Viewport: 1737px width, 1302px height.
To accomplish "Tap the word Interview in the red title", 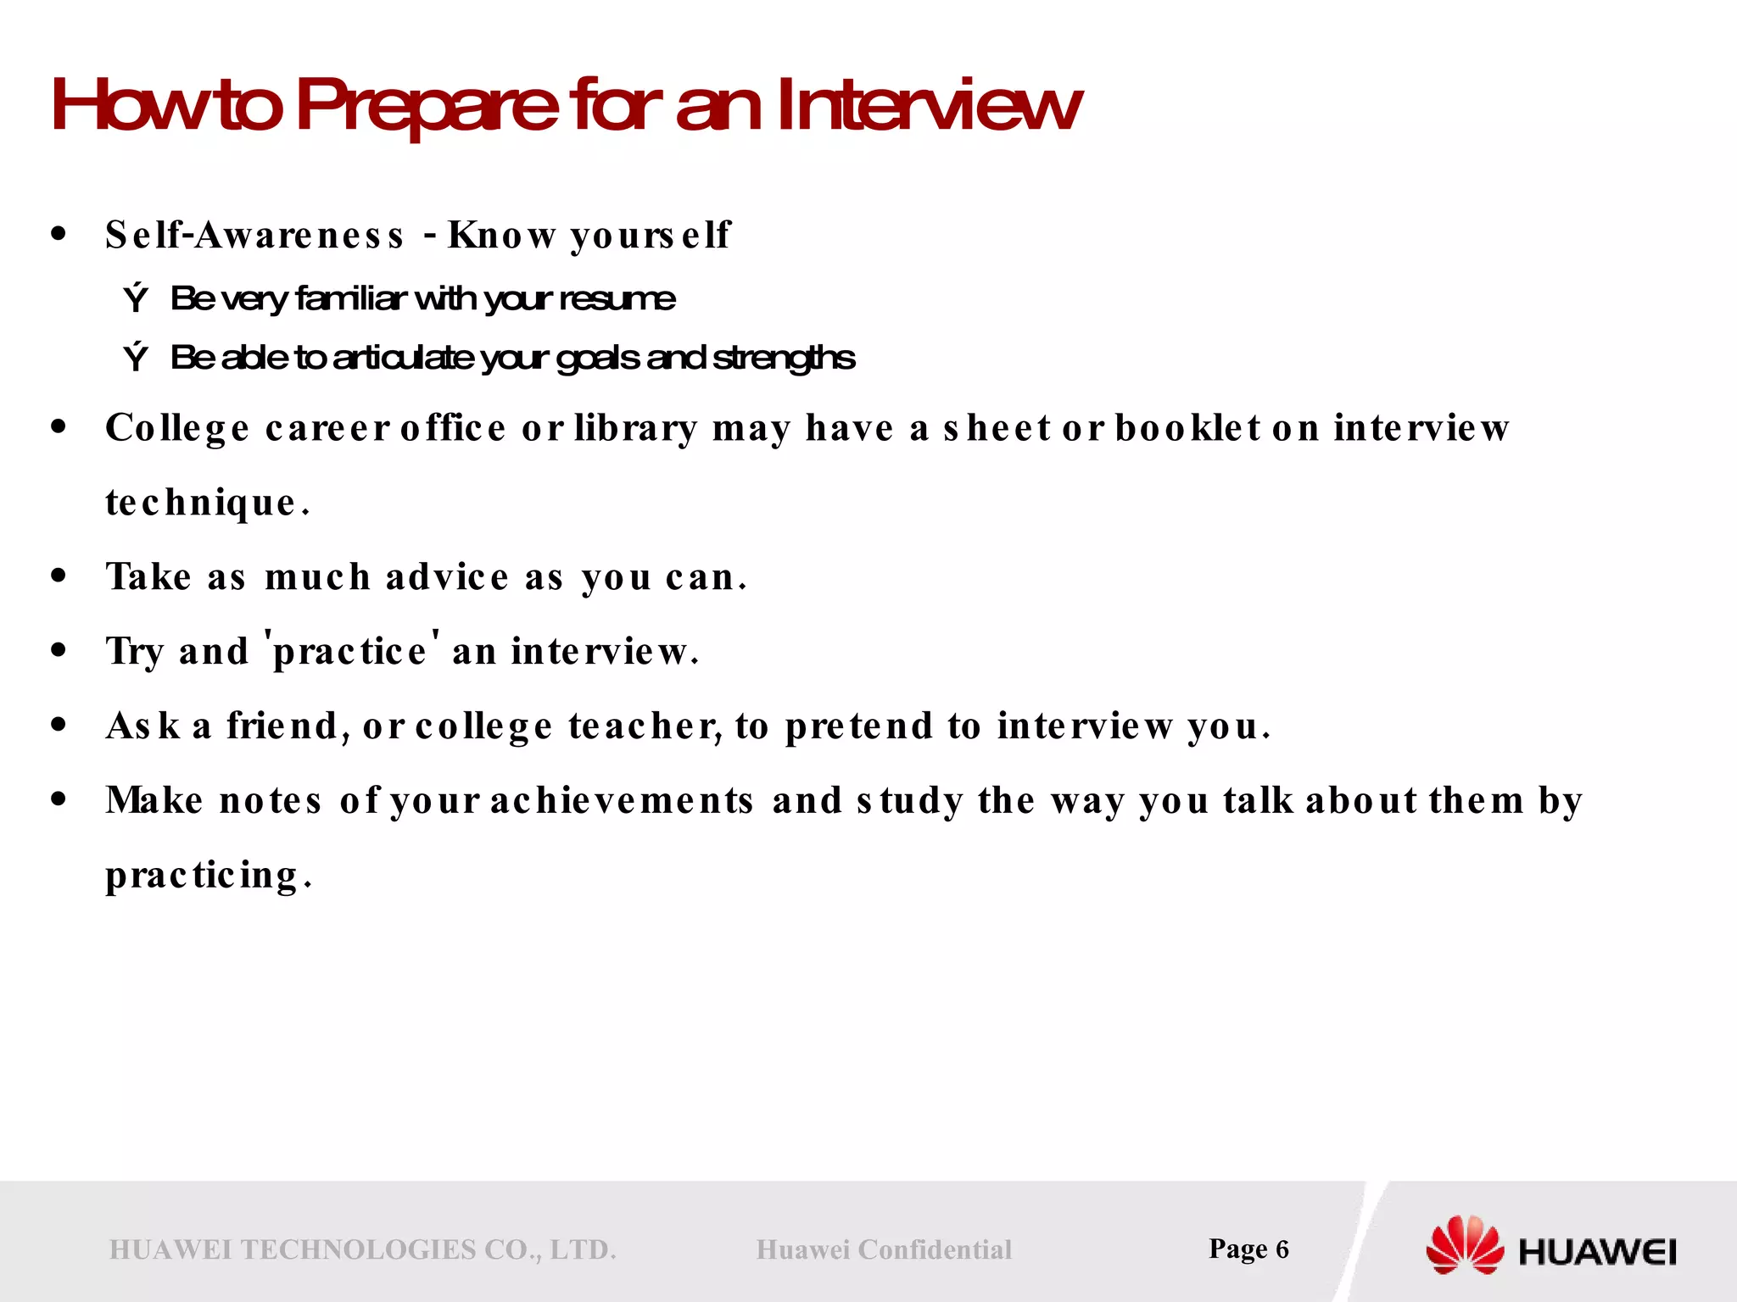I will pyautogui.click(x=928, y=106).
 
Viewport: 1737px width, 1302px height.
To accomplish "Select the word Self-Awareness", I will pyautogui.click(x=254, y=235).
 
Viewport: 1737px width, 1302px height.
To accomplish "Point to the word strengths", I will pyautogui.click(x=784, y=358).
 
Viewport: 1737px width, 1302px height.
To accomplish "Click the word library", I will pyautogui.click(x=635, y=428).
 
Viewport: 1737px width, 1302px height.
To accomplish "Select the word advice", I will pyautogui.click(x=447, y=577).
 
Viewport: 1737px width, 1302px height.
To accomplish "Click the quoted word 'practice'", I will pyautogui.click(x=352, y=650).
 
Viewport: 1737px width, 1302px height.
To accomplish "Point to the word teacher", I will pyautogui.click(x=645, y=726).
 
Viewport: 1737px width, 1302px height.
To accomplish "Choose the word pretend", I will pyautogui.click(x=858, y=726).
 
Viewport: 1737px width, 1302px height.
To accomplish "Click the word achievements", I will pyautogui.click(x=622, y=800).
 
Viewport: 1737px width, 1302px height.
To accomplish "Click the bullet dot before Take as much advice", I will pyautogui.click(x=59, y=576).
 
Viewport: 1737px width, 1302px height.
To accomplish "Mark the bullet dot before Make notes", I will pyautogui.click(x=59, y=799).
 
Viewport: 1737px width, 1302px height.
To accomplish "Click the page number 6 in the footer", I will pyautogui.click(x=1282, y=1249).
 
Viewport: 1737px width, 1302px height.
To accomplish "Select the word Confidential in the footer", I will pyautogui.click(x=935, y=1249).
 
